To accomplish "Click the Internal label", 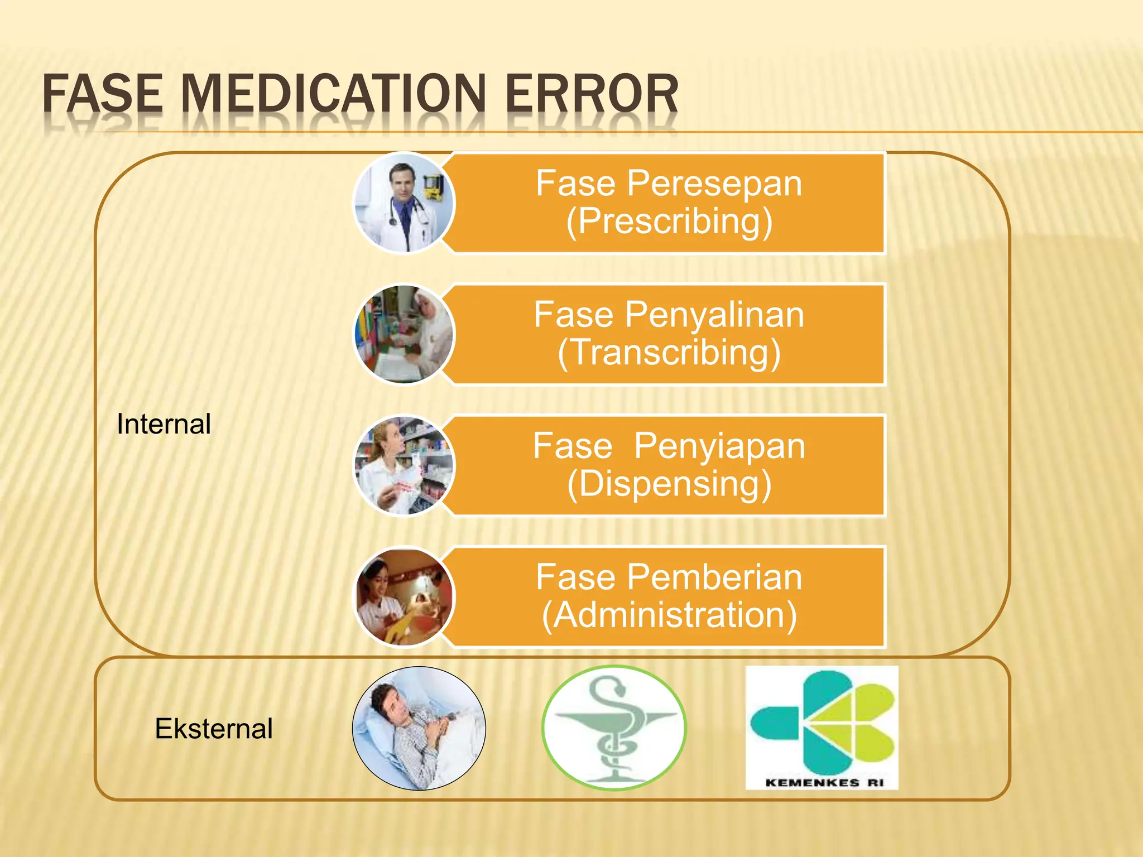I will pos(164,424).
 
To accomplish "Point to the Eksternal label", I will pos(214,729).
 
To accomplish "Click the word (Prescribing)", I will pos(669,222).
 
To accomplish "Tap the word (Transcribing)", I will pos(669,353).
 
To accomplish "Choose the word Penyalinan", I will pos(714,315).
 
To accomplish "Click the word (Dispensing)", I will pos(669,484).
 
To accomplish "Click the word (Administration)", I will pos(669,615).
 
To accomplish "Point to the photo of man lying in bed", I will pos(419,728).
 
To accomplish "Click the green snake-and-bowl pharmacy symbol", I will pos(614,728).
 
